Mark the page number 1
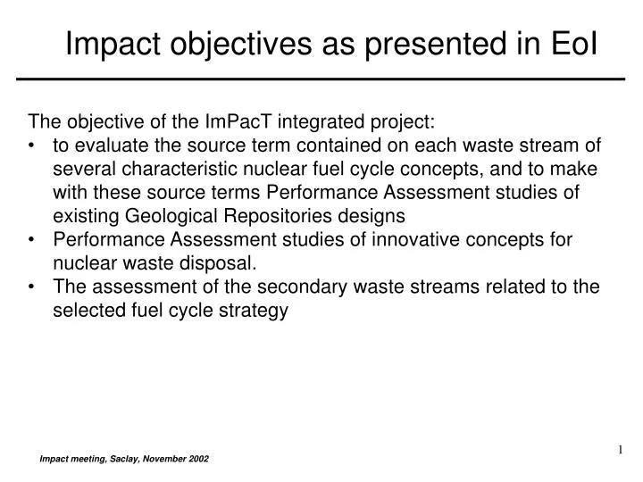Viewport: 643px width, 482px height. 618,449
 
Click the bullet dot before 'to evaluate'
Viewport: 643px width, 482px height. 34,146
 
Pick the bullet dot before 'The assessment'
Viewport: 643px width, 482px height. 34,287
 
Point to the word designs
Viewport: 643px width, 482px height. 375,215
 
